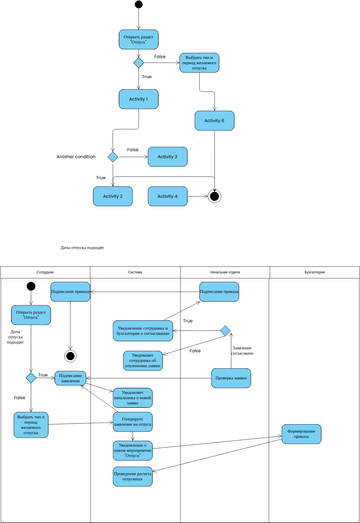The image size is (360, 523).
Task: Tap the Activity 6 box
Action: [x=214, y=120]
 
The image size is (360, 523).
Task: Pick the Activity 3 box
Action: [x=167, y=156]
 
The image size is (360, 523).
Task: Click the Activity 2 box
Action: [x=113, y=196]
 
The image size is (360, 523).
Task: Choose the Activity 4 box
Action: [x=167, y=196]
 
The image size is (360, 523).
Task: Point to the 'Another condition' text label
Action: [x=76, y=157]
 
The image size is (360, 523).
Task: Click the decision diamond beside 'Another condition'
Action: [x=113, y=157]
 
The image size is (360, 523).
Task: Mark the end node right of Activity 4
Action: [x=213, y=196]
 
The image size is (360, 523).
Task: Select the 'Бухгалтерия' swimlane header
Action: [x=314, y=272]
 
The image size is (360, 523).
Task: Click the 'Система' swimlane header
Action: [x=135, y=272]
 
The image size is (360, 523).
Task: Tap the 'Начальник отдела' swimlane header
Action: [x=224, y=272]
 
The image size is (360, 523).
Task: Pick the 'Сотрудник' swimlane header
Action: [x=45, y=272]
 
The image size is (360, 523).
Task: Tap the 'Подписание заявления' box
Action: [x=70, y=378]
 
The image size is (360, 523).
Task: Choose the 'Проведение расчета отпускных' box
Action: [x=134, y=477]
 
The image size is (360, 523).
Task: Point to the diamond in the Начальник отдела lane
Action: [x=225, y=330]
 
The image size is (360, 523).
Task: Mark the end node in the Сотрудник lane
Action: [x=70, y=355]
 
